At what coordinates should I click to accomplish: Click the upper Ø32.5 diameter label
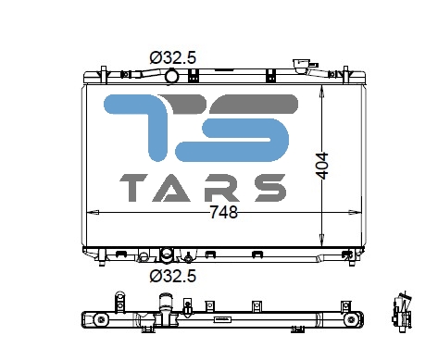click(x=173, y=57)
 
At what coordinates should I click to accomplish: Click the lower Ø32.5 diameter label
click(x=173, y=276)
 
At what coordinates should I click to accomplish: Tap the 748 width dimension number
click(x=224, y=212)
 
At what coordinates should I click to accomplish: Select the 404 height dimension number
click(x=322, y=166)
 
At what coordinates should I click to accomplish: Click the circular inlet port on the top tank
click(x=171, y=76)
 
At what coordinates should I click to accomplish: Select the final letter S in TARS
click(x=269, y=188)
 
